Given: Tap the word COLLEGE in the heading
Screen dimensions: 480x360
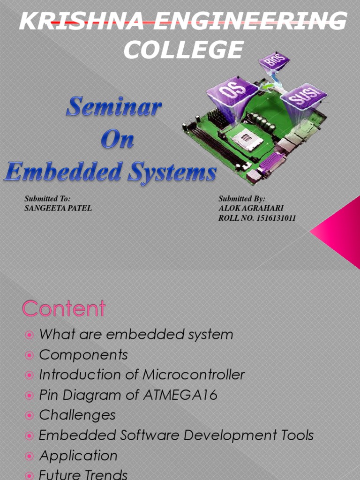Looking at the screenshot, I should pyautogui.click(x=183, y=50).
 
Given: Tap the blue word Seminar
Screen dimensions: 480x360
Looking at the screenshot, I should pyautogui.click(x=113, y=107).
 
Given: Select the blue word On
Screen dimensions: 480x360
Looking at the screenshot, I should pyautogui.click(x=117, y=140).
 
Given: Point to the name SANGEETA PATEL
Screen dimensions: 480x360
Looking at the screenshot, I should pyautogui.click(x=58, y=208).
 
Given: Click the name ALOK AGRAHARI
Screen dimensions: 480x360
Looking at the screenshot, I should pyautogui.click(x=251, y=208).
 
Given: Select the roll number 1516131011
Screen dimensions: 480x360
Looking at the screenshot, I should pyautogui.click(x=277, y=218).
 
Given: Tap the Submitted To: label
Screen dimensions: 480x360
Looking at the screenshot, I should pyautogui.click(x=47, y=199).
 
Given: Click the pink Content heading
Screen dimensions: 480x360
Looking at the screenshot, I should pyautogui.click(x=64, y=309).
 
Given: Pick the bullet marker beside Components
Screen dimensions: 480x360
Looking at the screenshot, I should pyautogui.click(x=30, y=355).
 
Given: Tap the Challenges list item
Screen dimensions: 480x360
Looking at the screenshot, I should pyautogui.click(x=77, y=415).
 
